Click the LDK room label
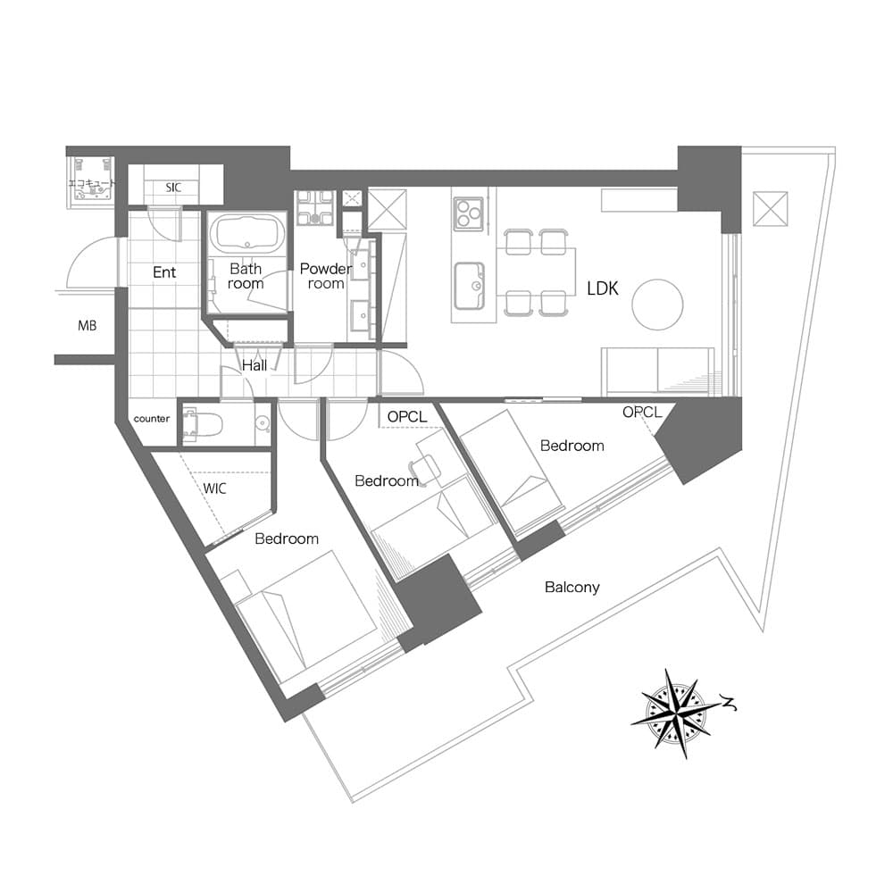pyautogui.click(x=603, y=288)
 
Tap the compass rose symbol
pyautogui.click(x=677, y=713)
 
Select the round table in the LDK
pyautogui.click(x=657, y=305)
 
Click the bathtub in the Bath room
pyautogui.click(x=247, y=234)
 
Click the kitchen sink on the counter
pyautogui.click(x=470, y=286)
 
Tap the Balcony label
pyautogui.click(x=572, y=588)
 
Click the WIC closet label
pyautogui.click(x=214, y=488)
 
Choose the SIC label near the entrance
pyautogui.click(x=174, y=188)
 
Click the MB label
pyautogui.click(x=88, y=326)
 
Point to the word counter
pyautogui.click(x=152, y=419)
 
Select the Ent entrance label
pyautogui.click(x=164, y=272)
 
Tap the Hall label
pyautogui.click(x=254, y=365)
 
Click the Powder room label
pyautogui.click(x=326, y=276)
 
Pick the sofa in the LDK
pyautogui.click(x=658, y=371)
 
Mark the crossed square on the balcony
pyautogui.click(x=771, y=209)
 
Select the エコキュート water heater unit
pyautogui.click(x=92, y=179)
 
